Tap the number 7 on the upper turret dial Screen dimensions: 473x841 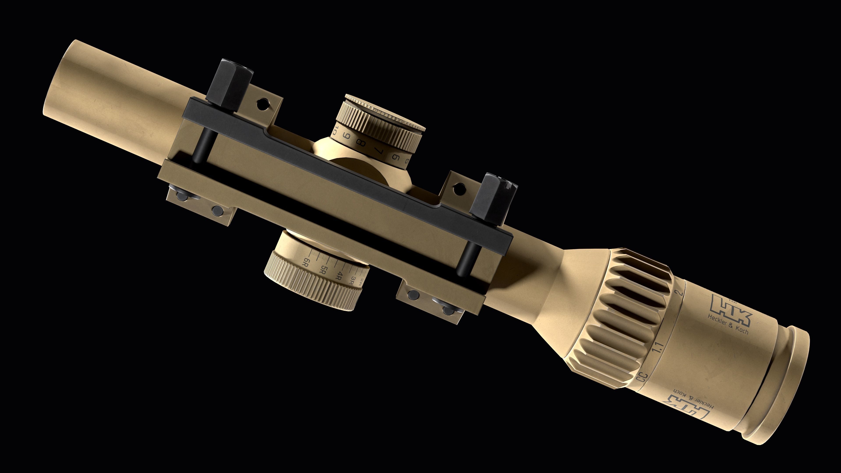(378, 150)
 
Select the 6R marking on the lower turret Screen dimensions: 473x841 (306, 262)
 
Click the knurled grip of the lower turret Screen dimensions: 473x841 (310, 292)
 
